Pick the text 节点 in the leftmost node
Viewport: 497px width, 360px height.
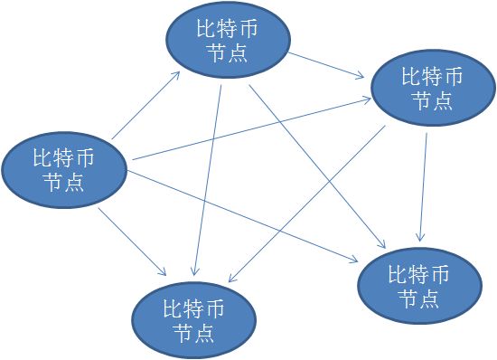point(63,183)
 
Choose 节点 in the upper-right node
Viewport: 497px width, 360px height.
point(432,100)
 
